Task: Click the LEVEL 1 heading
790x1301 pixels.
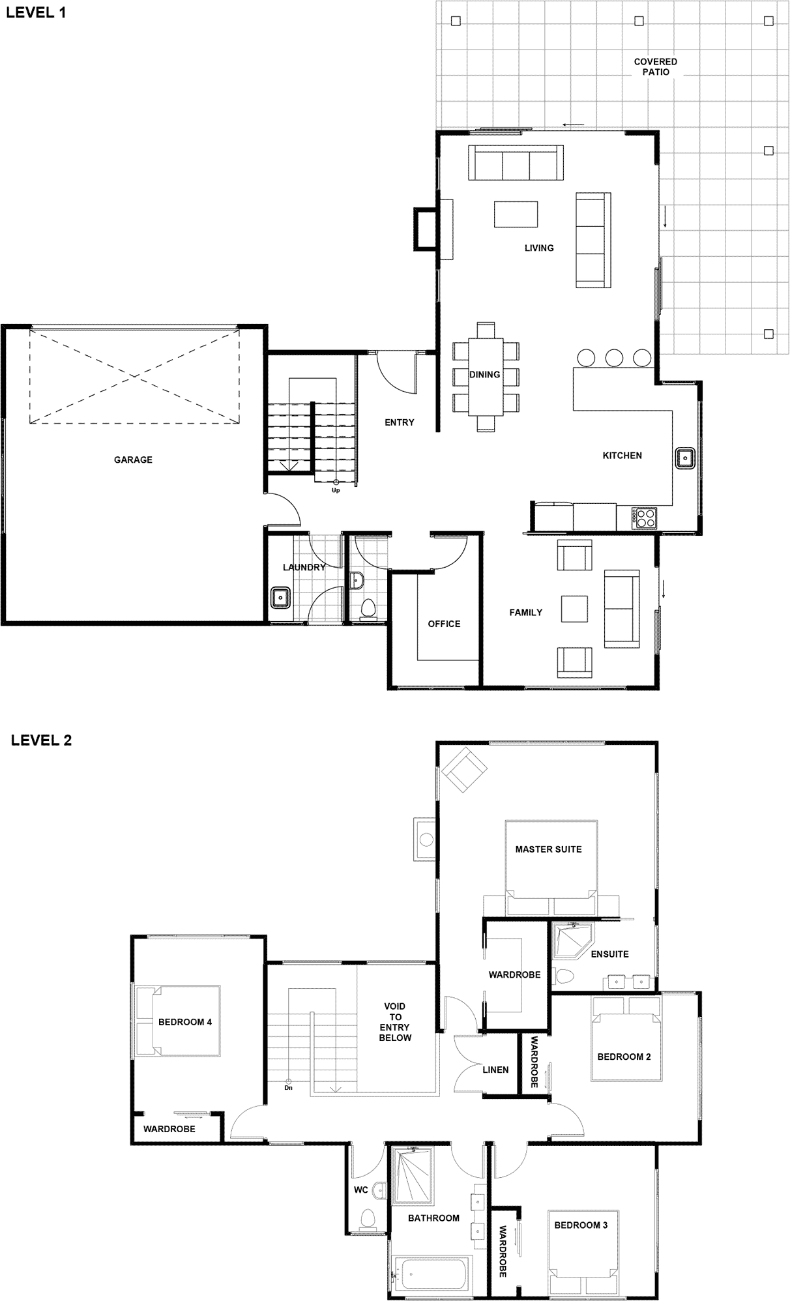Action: (36, 12)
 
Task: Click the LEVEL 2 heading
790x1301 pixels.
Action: (41, 740)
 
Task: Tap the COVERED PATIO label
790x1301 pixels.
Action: (656, 66)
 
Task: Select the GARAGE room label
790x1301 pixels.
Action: (133, 460)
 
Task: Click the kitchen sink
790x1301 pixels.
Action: (684, 458)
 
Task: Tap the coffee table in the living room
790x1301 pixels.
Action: (517, 214)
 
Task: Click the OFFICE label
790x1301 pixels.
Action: (444, 624)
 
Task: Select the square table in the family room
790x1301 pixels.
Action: (574, 609)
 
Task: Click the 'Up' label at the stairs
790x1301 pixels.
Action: (336, 490)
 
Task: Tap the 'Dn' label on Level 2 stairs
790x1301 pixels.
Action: (288, 1088)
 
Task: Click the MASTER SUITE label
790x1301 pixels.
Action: (548, 849)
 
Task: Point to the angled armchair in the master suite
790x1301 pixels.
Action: (463, 769)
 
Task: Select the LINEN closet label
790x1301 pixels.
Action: (495, 1070)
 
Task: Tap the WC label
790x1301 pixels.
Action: (361, 1190)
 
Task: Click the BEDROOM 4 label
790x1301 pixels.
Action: (185, 1022)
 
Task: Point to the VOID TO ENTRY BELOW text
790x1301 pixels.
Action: (395, 1022)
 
